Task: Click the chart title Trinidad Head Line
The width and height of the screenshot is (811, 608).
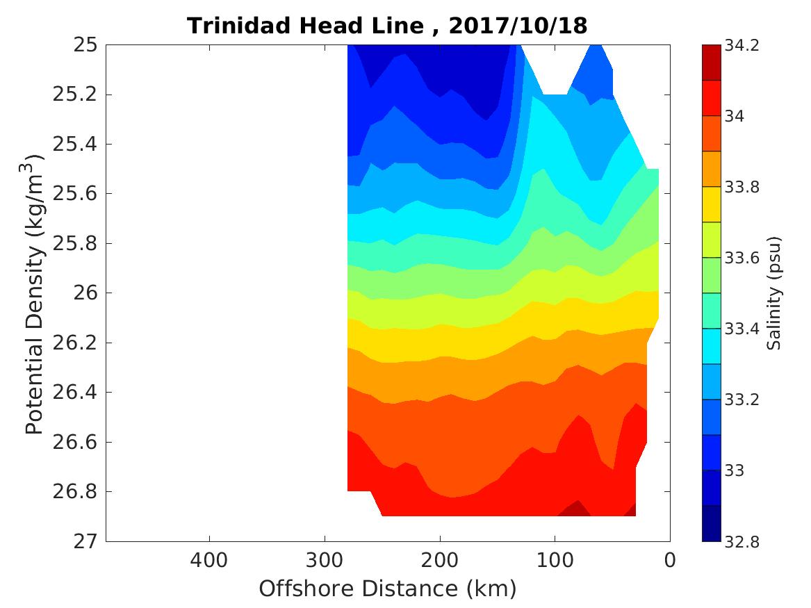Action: (x=306, y=26)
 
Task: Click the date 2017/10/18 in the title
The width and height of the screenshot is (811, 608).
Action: (x=518, y=26)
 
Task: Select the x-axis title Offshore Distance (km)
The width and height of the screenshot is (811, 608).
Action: (x=388, y=589)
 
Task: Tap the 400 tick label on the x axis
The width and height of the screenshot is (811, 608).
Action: (x=209, y=559)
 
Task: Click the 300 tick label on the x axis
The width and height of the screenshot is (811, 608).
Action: (x=325, y=559)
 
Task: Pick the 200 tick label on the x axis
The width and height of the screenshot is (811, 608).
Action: (x=439, y=559)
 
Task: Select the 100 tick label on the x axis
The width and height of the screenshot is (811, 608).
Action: (x=555, y=559)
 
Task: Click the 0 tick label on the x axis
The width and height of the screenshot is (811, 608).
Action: (x=670, y=559)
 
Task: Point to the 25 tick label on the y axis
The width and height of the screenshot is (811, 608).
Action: (x=84, y=45)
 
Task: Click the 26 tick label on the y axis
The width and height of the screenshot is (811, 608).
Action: (x=84, y=293)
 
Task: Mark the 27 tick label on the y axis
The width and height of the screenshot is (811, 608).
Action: (x=84, y=541)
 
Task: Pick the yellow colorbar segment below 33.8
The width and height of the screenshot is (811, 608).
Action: (x=711, y=204)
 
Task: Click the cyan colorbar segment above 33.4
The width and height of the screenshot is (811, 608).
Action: (x=711, y=311)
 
